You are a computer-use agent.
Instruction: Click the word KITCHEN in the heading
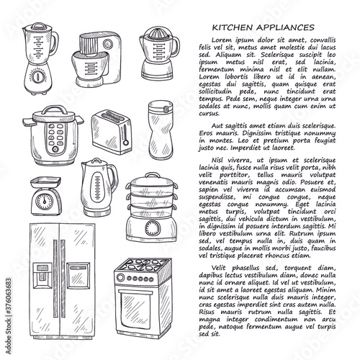click(233, 27)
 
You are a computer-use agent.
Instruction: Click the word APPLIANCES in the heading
click(285, 27)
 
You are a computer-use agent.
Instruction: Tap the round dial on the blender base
click(37, 77)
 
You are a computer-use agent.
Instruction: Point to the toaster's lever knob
click(126, 143)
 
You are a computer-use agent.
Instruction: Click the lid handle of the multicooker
click(55, 109)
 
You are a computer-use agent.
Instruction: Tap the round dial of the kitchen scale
click(44, 201)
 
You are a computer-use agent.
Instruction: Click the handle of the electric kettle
click(113, 179)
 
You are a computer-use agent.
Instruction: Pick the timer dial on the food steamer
click(152, 228)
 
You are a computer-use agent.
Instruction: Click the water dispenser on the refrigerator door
click(42, 275)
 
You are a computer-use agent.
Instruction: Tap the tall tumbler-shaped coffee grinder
click(161, 130)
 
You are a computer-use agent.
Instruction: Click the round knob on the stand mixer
click(108, 44)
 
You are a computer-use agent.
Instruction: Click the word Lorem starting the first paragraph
click(222, 40)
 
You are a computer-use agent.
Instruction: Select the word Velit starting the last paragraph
click(220, 268)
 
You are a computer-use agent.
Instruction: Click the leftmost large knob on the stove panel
click(120, 278)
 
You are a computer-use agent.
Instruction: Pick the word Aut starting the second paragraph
click(217, 126)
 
